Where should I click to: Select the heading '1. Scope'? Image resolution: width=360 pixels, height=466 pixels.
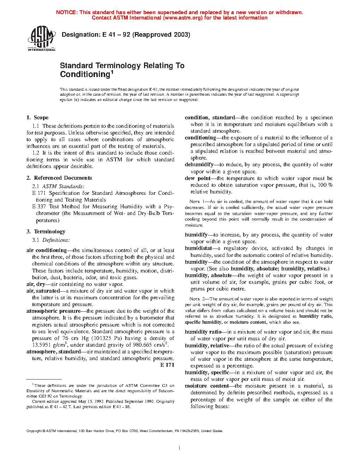[37, 118]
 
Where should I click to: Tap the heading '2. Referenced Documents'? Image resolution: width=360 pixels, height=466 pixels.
[59, 178]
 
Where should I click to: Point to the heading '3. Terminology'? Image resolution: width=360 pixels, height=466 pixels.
[46, 232]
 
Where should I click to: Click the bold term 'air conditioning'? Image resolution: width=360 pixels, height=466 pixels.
[47, 250]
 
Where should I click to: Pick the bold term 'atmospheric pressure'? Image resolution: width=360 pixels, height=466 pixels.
[53, 311]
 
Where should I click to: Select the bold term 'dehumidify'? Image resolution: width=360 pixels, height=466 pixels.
[199, 165]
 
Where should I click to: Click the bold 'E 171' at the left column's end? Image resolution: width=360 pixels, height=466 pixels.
[167, 365]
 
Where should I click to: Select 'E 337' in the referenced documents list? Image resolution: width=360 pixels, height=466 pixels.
[39, 207]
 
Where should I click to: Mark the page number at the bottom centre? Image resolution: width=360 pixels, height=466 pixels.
[180, 448]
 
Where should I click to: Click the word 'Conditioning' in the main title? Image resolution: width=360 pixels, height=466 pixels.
[85, 74]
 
